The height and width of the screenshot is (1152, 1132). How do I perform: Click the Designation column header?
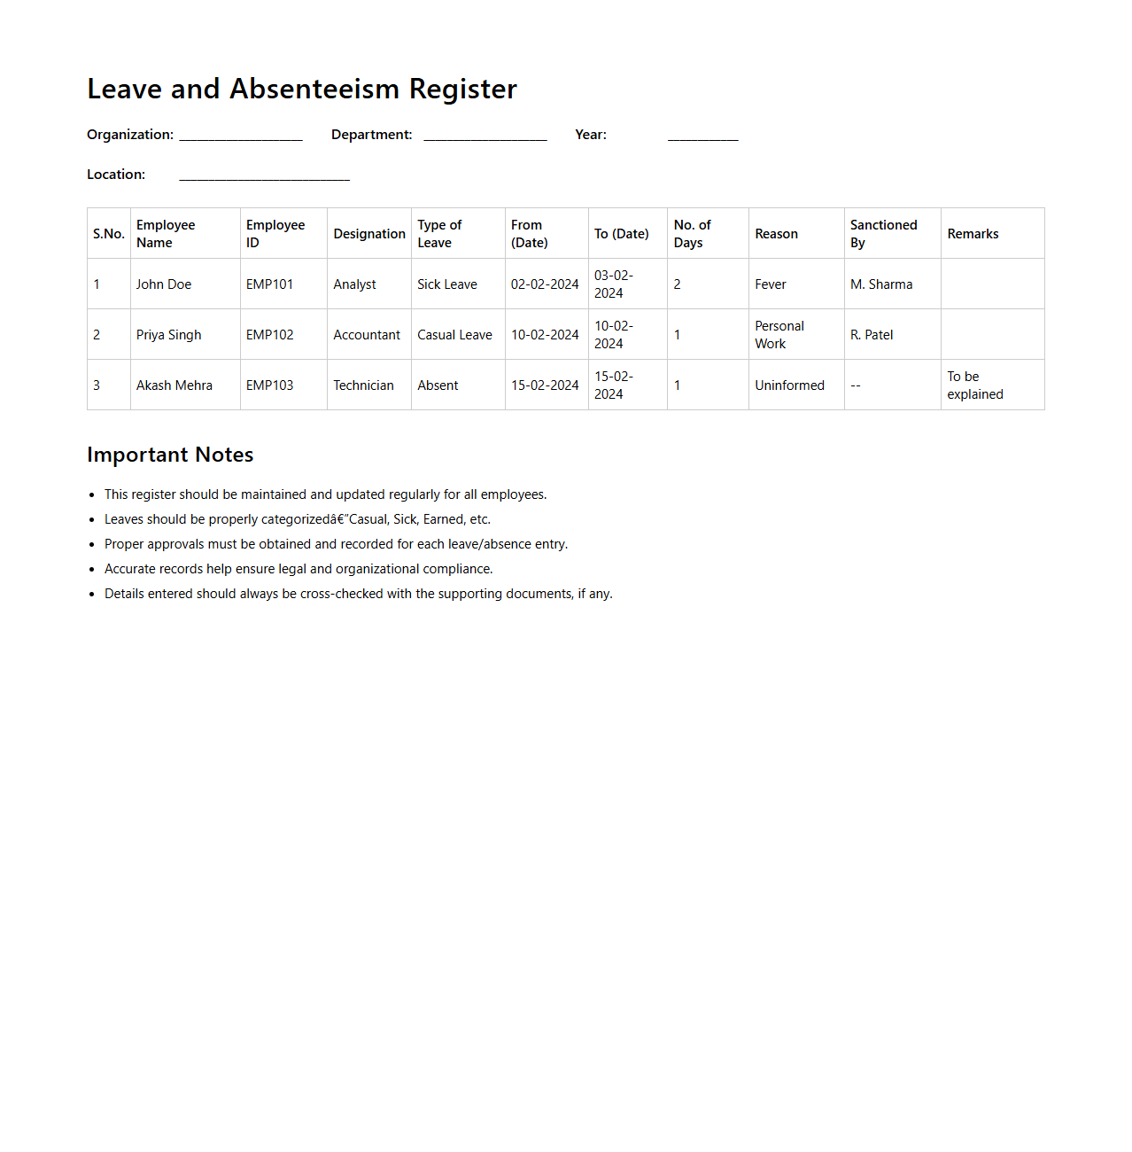click(369, 234)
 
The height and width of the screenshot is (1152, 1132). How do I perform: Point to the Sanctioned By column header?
click(883, 234)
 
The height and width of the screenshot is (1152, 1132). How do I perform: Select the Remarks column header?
click(973, 234)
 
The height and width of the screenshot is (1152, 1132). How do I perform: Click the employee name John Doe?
click(164, 284)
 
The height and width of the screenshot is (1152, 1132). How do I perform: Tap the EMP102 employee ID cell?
click(270, 335)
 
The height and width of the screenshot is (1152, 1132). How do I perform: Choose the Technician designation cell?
click(363, 385)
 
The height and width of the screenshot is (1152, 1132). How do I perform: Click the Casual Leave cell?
click(454, 335)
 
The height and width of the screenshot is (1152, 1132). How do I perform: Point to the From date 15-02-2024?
click(545, 385)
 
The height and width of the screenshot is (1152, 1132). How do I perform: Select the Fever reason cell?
click(771, 284)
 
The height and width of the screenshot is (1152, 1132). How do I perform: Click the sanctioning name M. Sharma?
click(881, 284)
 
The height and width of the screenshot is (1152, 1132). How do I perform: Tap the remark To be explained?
click(974, 385)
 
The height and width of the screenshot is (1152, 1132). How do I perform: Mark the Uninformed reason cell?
click(789, 385)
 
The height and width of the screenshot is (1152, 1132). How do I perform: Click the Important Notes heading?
click(170, 455)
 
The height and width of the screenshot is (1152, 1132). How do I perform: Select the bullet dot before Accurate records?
click(92, 570)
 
